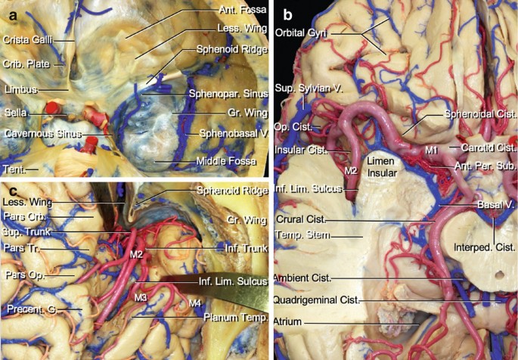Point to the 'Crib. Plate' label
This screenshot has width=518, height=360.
pos(25,65)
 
